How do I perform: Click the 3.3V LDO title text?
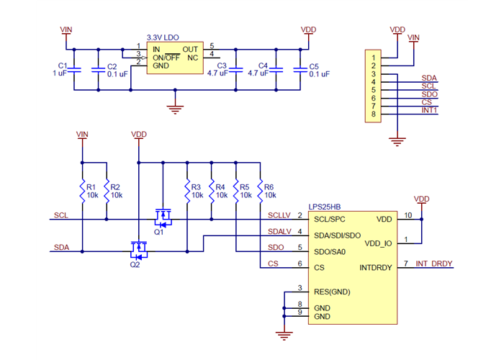[x=163, y=37]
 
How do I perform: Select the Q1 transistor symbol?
[x=163, y=215]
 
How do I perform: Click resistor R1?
[x=83, y=190]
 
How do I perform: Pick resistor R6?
[x=260, y=190]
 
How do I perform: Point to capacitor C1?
[x=75, y=69]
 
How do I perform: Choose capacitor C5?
[x=298, y=69]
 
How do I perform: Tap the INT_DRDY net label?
[x=433, y=264]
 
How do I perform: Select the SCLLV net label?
[x=279, y=215]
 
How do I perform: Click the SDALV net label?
[x=279, y=231]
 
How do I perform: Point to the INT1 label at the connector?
[x=430, y=109]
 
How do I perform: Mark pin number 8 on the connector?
[x=373, y=114]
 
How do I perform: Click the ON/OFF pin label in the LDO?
[x=166, y=57]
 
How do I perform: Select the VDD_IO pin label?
[x=379, y=243]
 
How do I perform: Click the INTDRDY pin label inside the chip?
[x=376, y=268]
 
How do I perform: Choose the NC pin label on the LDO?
[x=192, y=57]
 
